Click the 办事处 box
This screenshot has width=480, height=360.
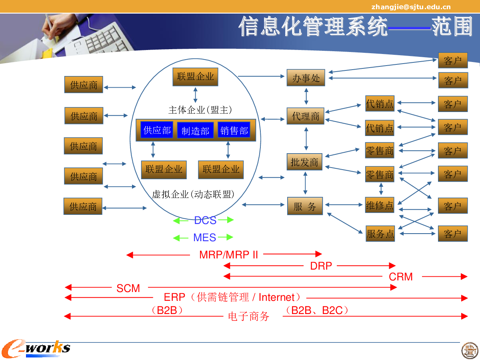click(x=306, y=78)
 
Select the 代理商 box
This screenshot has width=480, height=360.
click(x=306, y=116)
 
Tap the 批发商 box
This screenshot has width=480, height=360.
click(x=304, y=162)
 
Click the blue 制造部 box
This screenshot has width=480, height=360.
click(x=195, y=130)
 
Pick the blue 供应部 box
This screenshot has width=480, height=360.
click(x=157, y=130)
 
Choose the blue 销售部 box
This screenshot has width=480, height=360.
click(x=234, y=130)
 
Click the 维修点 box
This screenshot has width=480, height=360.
click(x=380, y=205)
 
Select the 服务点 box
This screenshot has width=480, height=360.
click(x=380, y=234)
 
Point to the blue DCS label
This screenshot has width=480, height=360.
click(x=205, y=220)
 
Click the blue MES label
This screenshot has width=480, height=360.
click(x=205, y=238)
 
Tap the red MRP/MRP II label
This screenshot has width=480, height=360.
click(x=228, y=255)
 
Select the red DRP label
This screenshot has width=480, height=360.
click(x=321, y=266)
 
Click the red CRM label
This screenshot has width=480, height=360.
click(x=401, y=277)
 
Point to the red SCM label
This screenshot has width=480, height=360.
click(x=128, y=288)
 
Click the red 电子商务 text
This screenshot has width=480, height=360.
click(x=248, y=316)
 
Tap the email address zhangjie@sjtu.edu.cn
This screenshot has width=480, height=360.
click(x=411, y=7)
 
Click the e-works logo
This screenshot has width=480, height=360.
click(x=36, y=348)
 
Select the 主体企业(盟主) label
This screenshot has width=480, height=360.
click(x=200, y=110)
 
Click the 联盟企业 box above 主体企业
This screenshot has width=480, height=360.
click(x=195, y=77)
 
